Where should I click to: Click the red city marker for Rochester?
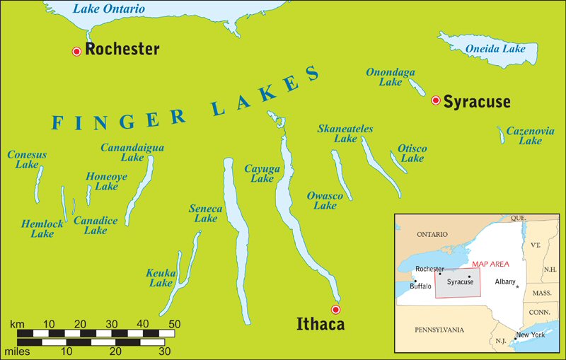click(76, 51)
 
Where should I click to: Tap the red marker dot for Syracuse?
click(436, 100)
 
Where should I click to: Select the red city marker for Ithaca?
click(336, 309)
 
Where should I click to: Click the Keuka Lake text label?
click(160, 278)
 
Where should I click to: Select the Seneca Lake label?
click(205, 214)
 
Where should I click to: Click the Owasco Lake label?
click(325, 200)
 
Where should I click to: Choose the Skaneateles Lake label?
click(345, 134)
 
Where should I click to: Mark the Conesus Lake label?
click(27, 160)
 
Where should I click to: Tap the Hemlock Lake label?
click(42, 228)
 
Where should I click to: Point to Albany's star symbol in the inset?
click(517, 286)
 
